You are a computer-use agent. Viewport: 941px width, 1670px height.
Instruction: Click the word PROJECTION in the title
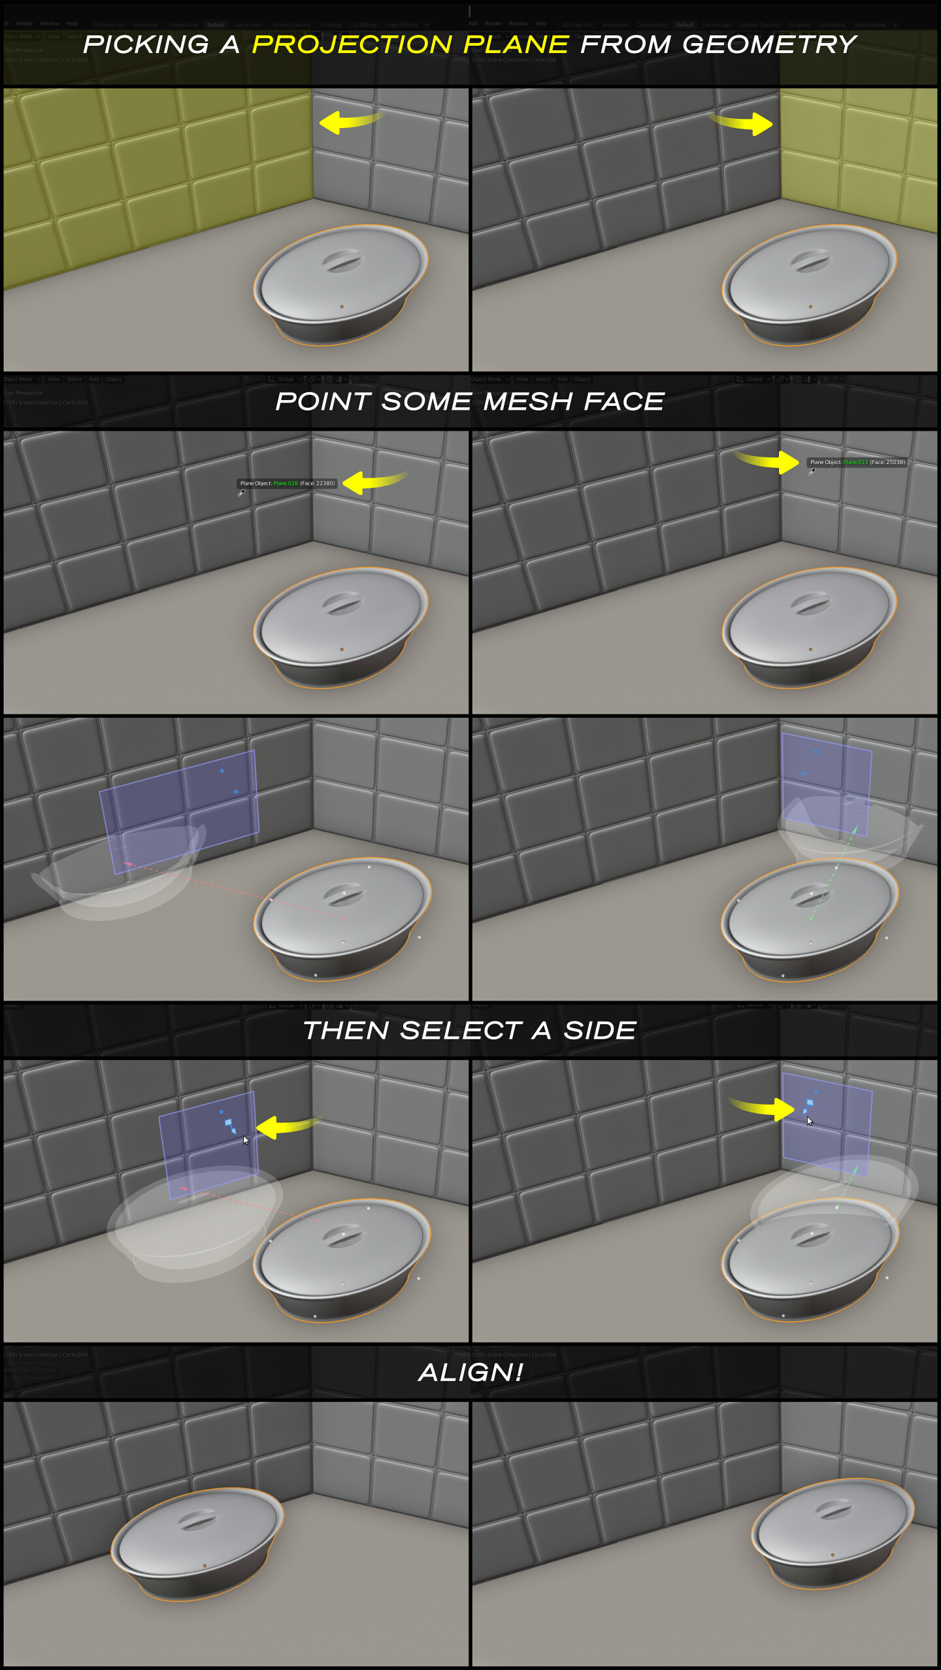pos(352,44)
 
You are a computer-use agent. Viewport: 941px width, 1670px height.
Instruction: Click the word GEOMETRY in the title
pos(769,44)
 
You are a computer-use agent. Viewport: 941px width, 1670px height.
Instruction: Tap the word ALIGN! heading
pos(470,1373)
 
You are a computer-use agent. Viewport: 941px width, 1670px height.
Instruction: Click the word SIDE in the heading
pos(600,1031)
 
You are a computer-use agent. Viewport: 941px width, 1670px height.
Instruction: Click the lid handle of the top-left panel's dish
pos(341,260)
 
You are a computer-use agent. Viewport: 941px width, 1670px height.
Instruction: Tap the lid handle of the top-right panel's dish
pos(810,260)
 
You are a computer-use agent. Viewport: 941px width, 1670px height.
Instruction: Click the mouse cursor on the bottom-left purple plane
pos(246,1140)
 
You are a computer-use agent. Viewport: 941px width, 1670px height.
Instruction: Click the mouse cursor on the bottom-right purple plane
pos(809,1121)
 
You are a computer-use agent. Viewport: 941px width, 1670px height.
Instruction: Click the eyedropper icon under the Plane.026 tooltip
pos(241,493)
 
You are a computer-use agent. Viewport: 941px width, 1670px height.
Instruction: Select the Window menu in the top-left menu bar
pos(49,24)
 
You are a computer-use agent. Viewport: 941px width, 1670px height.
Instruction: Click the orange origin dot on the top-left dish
pos(342,307)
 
